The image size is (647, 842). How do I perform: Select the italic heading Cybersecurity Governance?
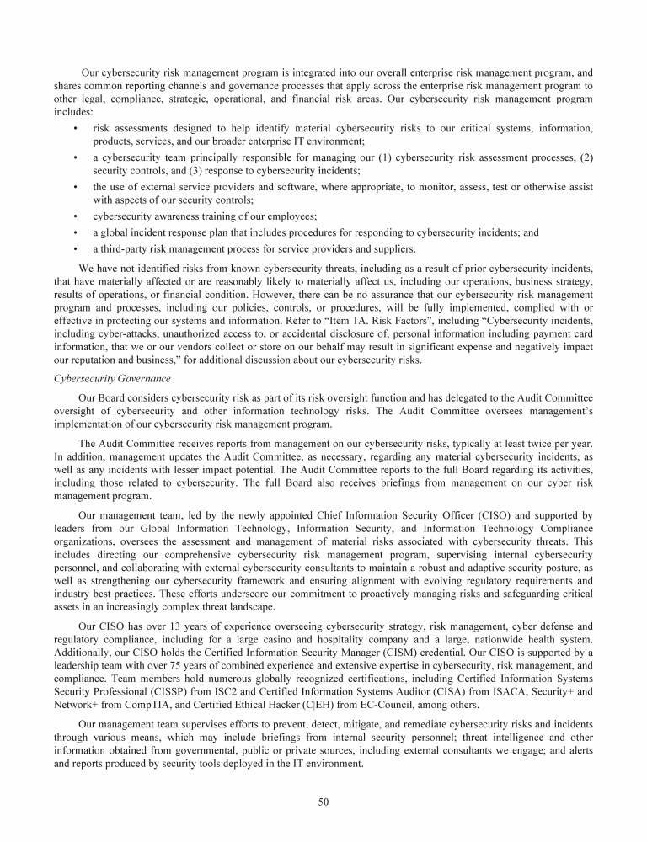(112, 378)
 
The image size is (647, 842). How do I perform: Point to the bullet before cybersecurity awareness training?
(77, 216)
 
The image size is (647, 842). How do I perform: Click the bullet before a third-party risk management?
(77, 248)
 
